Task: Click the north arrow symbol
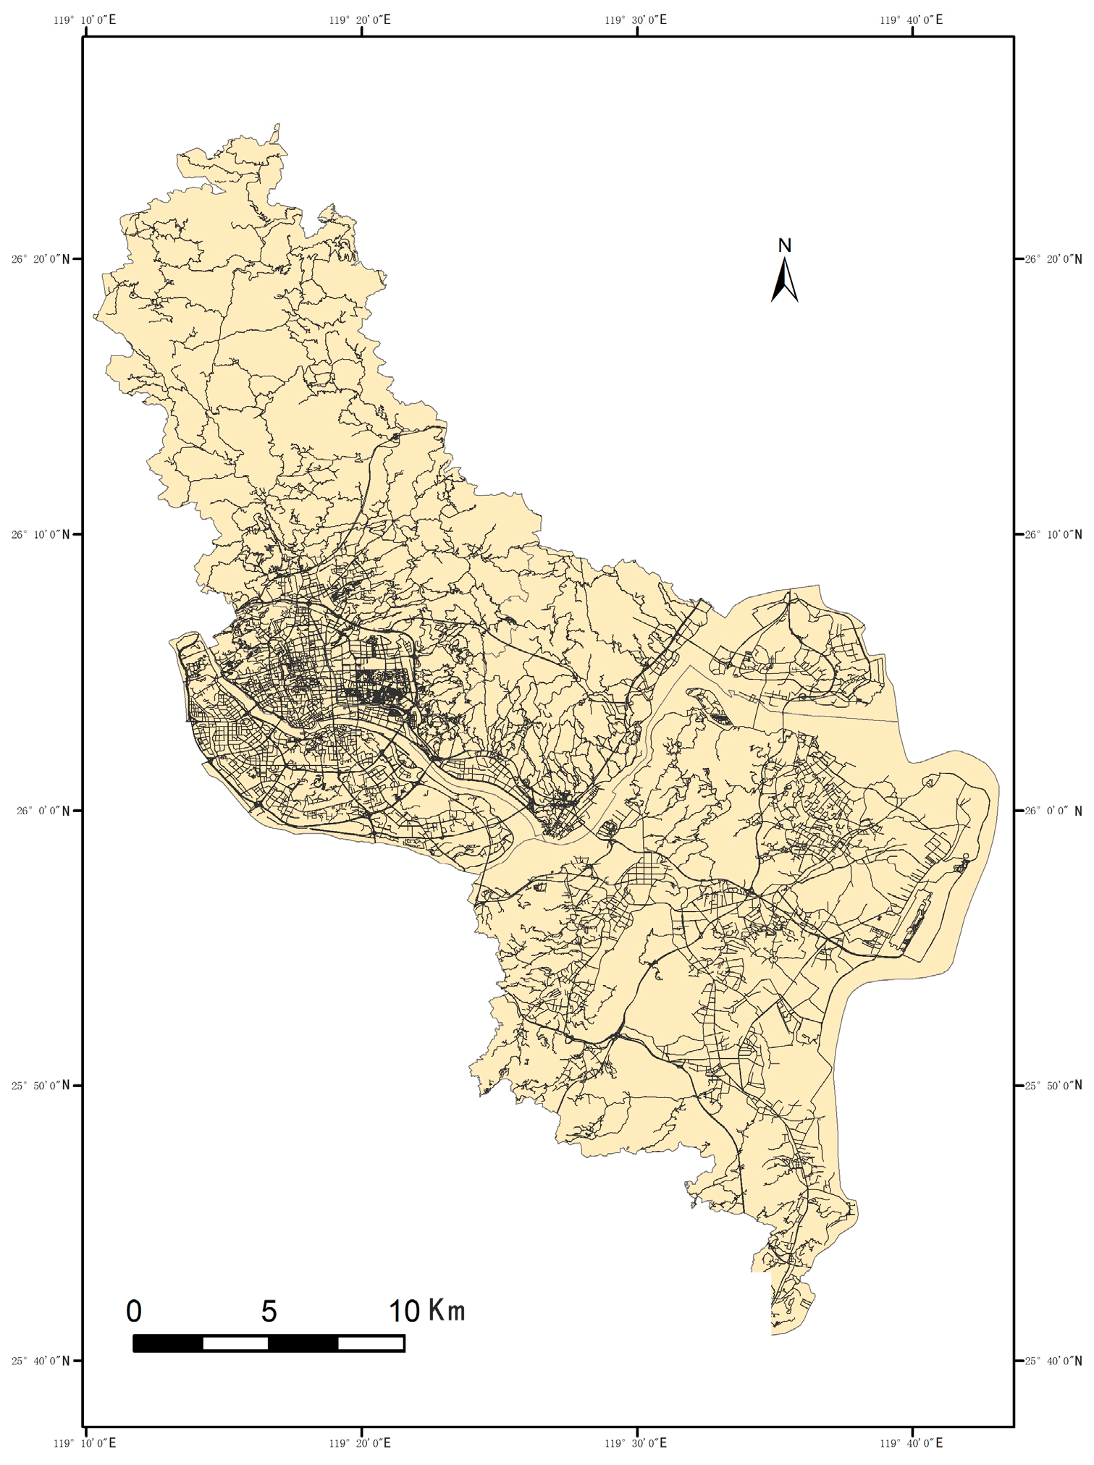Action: tap(784, 281)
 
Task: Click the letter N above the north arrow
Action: tap(784, 245)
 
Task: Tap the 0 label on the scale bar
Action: tap(134, 1311)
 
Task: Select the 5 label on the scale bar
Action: tap(269, 1311)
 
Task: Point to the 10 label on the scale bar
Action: tap(404, 1311)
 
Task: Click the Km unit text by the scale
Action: tap(447, 1310)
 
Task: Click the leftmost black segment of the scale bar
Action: tap(168, 1343)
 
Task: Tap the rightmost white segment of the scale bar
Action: tap(371, 1343)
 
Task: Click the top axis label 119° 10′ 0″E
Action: tap(85, 20)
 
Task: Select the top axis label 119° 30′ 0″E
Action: tap(636, 20)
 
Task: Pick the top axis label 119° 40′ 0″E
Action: tap(912, 20)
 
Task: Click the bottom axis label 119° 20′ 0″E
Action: tap(360, 1443)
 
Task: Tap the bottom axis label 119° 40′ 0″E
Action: tap(912, 1443)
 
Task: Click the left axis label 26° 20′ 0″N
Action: tap(41, 259)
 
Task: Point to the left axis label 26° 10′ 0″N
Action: tap(41, 535)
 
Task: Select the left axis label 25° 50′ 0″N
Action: tap(41, 1085)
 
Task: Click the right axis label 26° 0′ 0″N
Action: tap(1056, 811)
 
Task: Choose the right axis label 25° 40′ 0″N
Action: tap(1053, 1361)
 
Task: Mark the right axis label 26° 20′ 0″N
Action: tap(1053, 259)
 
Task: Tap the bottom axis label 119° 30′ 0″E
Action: tap(636, 1443)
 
